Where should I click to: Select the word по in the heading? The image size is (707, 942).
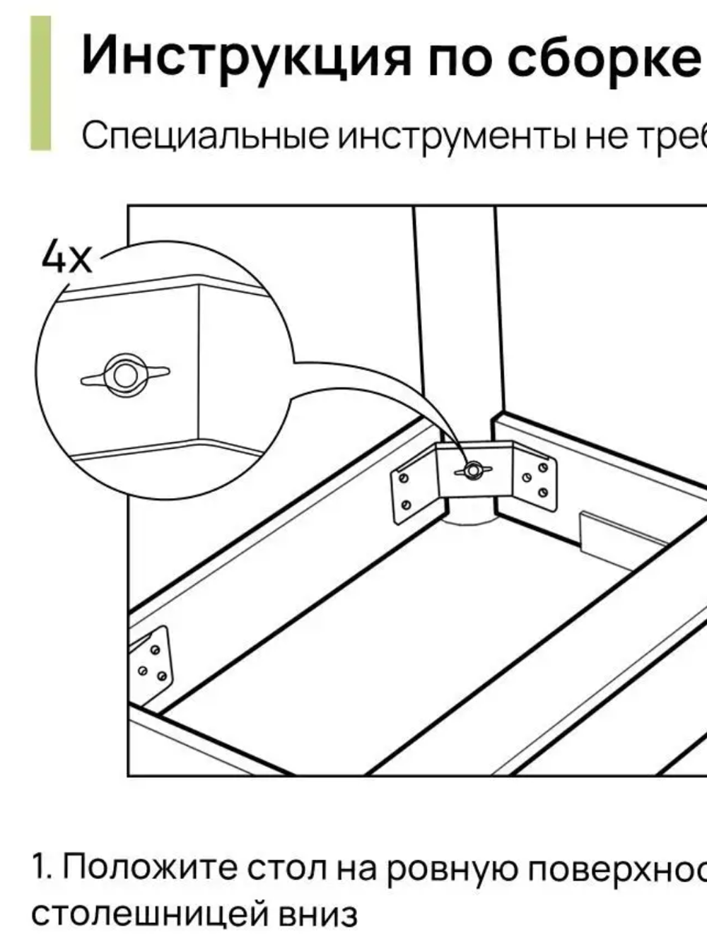(460, 57)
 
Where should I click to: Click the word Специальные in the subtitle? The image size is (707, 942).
(205, 136)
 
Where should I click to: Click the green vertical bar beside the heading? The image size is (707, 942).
(40, 83)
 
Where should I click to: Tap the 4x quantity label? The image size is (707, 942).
(67, 257)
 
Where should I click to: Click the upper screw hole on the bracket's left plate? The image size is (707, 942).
(403, 478)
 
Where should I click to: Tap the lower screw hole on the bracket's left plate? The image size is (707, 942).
(407, 504)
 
